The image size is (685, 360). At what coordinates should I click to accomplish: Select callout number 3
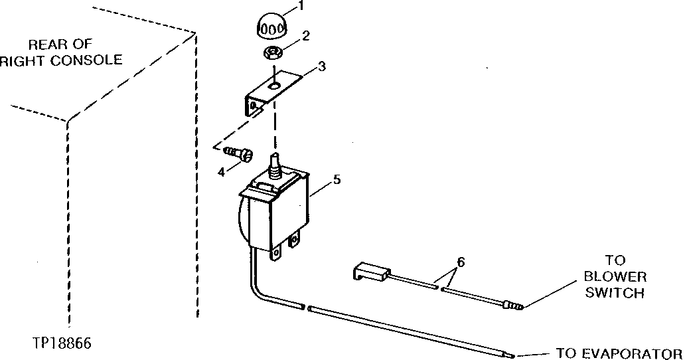[321, 67]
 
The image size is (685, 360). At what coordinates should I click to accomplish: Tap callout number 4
[220, 171]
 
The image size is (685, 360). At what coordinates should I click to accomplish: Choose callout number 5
[337, 180]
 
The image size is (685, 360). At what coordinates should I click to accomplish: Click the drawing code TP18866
[61, 344]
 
